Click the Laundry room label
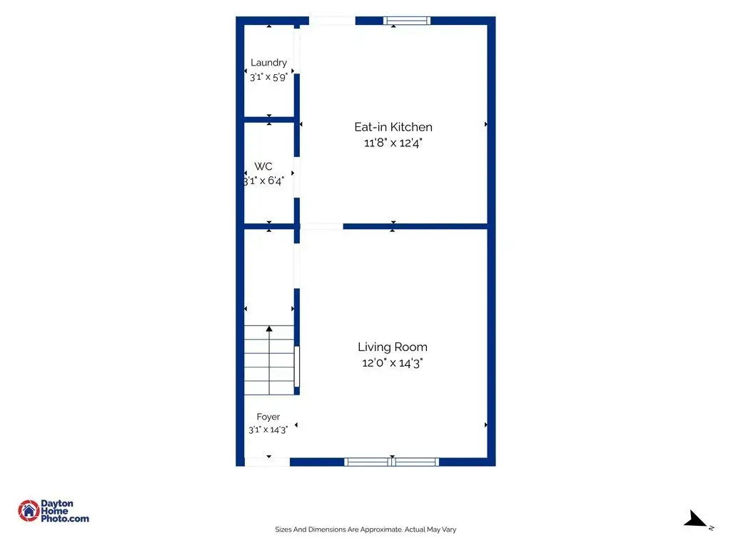268,63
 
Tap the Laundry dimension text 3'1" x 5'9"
268,77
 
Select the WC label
263,166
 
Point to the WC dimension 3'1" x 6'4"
264,181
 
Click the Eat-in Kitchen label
393,127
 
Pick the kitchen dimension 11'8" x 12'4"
393,143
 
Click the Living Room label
393,347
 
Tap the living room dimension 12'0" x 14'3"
393,362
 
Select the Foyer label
268,417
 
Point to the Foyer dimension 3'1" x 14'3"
268,429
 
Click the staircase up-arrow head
269,329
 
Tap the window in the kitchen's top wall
406,21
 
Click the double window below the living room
392,462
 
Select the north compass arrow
695,519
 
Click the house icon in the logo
29,511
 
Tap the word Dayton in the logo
57,503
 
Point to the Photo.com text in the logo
65,518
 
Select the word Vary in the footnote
449,529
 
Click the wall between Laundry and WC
269,120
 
